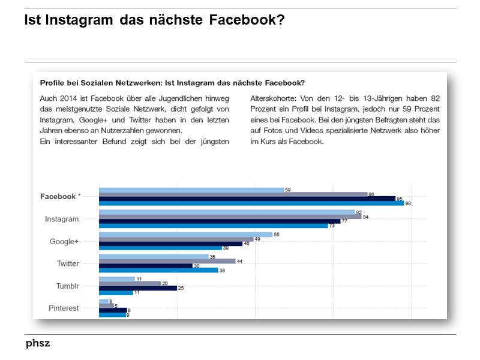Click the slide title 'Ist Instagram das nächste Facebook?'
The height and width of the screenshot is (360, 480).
154,20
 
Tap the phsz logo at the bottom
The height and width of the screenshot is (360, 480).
38,344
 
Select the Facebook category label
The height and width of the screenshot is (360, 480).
60,196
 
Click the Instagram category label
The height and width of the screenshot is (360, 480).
62,219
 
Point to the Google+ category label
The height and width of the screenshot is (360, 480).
64,241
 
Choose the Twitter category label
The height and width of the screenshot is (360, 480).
68,263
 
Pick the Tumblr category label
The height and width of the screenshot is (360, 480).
67,286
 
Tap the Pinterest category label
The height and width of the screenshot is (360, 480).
64,308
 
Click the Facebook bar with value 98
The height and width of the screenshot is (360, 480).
251,203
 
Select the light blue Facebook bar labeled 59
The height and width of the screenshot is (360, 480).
191,190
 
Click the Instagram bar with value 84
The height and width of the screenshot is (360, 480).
230,217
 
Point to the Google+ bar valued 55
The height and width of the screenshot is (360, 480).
185,234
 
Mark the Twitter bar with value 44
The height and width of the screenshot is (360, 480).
167,261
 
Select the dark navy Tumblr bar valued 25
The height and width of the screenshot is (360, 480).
137,288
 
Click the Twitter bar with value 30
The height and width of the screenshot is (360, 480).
145,266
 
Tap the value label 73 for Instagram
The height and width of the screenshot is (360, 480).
332,226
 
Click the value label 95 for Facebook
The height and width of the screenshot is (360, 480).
399,199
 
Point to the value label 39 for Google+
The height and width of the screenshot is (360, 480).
226,248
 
